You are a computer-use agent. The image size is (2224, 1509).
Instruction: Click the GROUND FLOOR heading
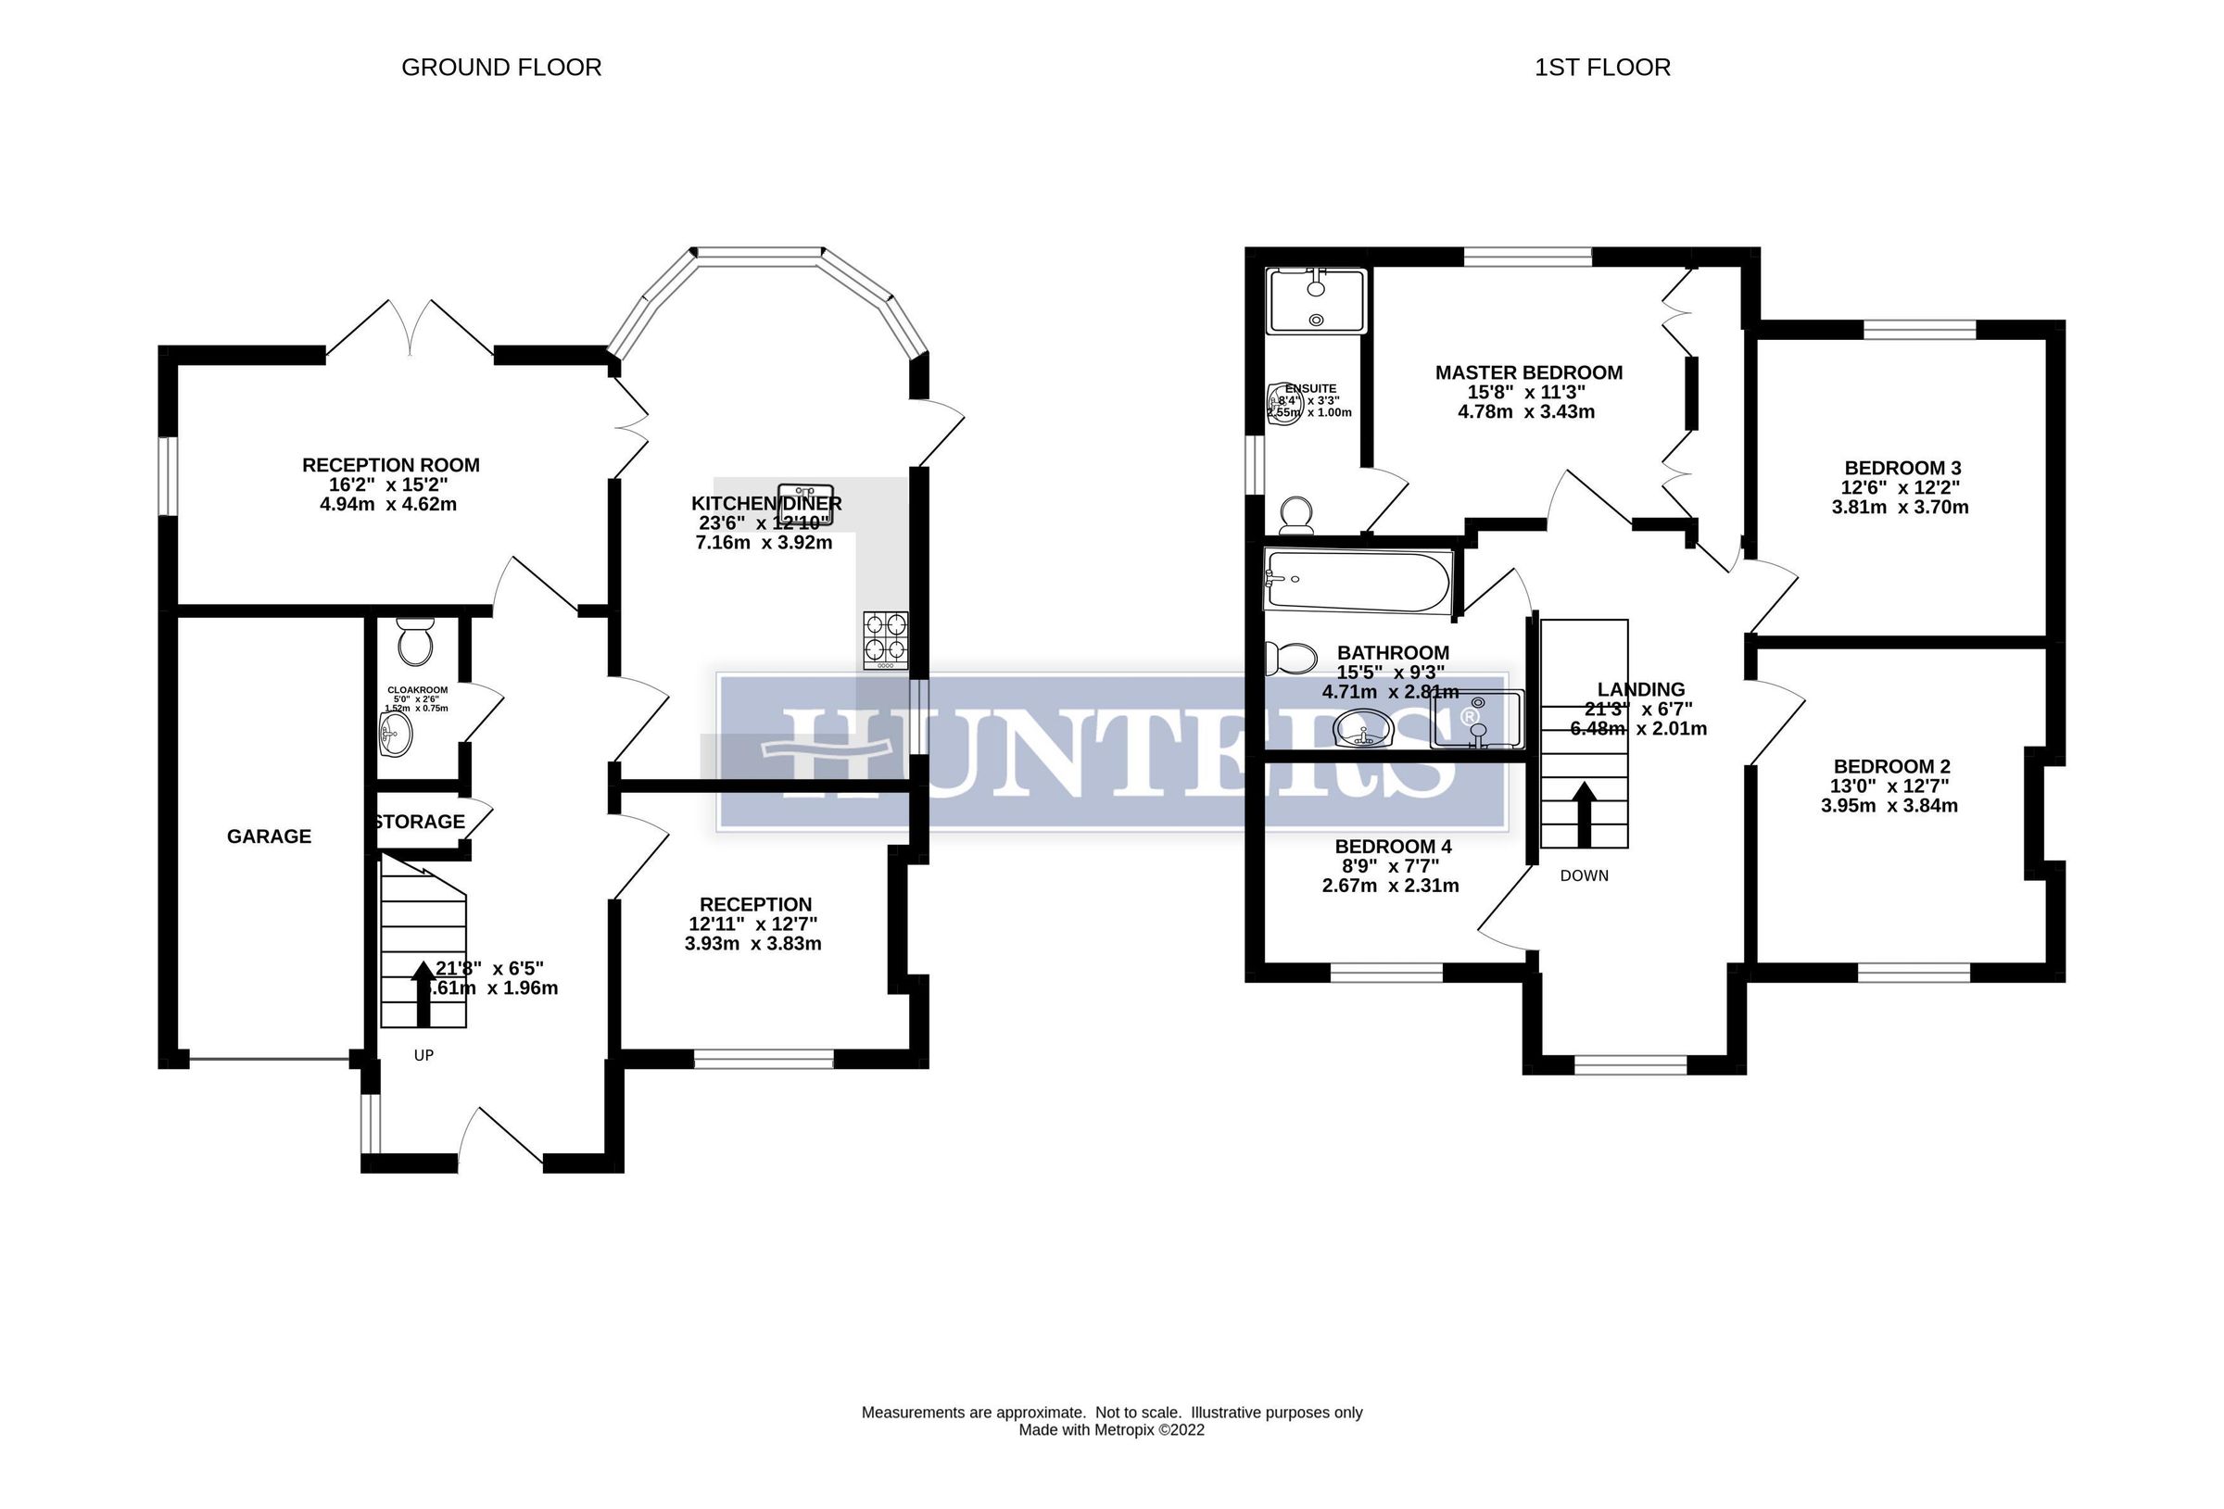pyautogui.click(x=500, y=67)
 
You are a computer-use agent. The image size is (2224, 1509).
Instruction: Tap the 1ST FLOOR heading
pyautogui.click(x=1602, y=67)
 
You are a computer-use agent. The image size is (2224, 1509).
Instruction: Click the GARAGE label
pyautogui.click(x=269, y=836)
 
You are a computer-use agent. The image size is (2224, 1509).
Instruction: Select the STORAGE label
pyautogui.click(x=419, y=822)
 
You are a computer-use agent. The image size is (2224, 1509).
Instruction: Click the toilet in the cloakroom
pyautogui.click(x=415, y=642)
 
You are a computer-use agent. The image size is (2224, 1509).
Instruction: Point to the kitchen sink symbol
pyautogui.click(x=806, y=504)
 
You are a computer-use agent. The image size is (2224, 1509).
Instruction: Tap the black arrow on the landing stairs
pyautogui.click(x=1584, y=814)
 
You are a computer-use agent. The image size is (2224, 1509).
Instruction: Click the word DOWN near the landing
pyautogui.click(x=1584, y=875)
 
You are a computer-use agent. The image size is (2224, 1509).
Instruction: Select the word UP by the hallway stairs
pyautogui.click(x=423, y=1055)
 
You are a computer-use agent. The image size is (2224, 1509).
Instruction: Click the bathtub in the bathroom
pyautogui.click(x=1358, y=580)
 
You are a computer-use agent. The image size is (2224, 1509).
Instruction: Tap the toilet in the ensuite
pyautogui.click(x=1296, y=515)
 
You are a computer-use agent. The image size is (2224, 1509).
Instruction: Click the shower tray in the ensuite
pyautogui.click(x=1316, y=300)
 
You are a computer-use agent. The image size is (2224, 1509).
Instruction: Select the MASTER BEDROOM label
pyautogui.click(x=1528, y=372)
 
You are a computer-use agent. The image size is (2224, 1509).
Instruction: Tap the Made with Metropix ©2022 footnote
pyautogui.click(x=1111, y=1430)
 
